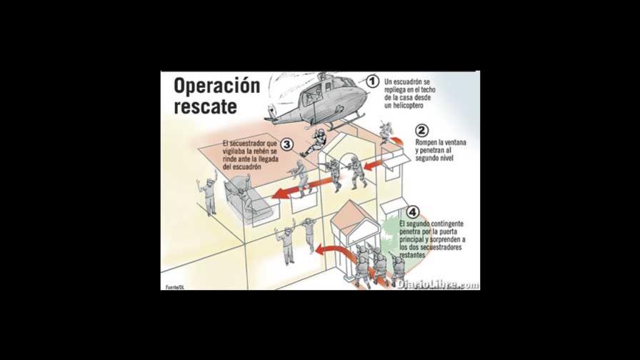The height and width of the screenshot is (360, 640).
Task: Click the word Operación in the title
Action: pyautogui.click(x=216, y=86)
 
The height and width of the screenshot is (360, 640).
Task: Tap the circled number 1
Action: pyautogui.click(x=372, y=81)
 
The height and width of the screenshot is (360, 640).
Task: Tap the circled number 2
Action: pyautogui.click(x=421, y=131)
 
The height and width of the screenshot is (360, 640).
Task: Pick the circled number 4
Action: pyautogui.click(x=412, y=212)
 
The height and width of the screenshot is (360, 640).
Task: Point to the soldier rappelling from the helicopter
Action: pyautogui.click(x=314, y=142)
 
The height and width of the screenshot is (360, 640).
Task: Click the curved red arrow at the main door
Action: pyautogui.click(x=332, y=250)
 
